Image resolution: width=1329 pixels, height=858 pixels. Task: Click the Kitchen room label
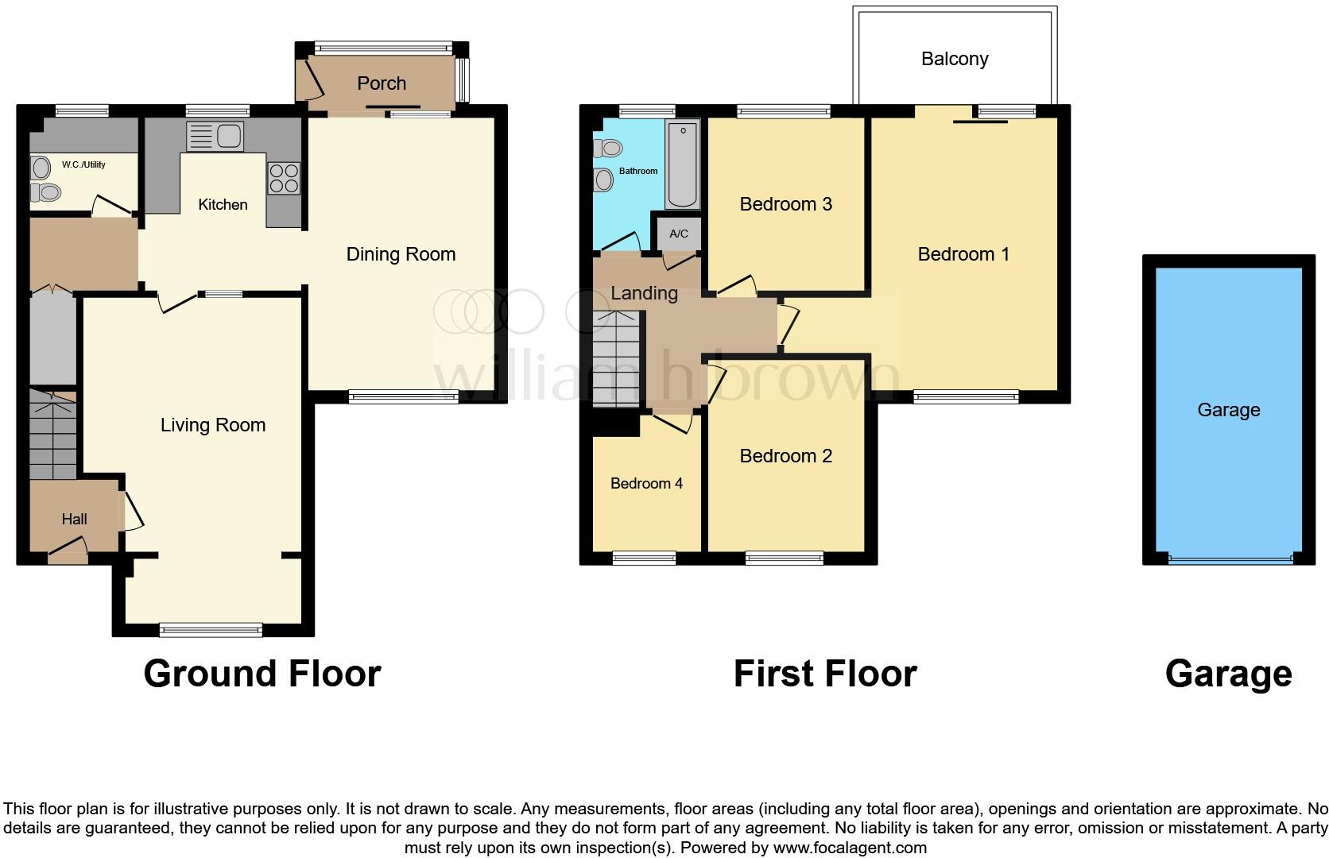coord(223,204)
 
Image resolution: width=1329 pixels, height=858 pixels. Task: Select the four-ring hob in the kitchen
coord(284,177)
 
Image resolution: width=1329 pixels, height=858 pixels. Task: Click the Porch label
coord(382,83)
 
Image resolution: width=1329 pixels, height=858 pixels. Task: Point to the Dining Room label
coord(401,254)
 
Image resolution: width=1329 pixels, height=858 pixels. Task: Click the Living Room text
coord(213,425)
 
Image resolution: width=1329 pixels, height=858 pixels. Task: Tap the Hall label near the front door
coord(75,519)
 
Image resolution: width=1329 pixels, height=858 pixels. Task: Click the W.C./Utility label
coord(83,164)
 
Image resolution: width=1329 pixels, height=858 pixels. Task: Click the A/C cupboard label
coord(679,234)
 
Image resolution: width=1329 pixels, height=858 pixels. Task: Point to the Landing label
coord(644,293)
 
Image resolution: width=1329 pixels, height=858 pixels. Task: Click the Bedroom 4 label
coord(646,483)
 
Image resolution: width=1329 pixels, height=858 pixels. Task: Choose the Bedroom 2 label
coord(785,456)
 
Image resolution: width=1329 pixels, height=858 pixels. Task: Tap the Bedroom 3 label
coord(785,204)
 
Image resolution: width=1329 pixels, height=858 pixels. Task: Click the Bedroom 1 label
coord(963,254)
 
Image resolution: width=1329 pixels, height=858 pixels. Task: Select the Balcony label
coord(955,59)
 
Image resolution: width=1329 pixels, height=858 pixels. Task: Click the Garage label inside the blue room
coord(1228,410)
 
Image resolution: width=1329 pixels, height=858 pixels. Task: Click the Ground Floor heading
coord(262,674)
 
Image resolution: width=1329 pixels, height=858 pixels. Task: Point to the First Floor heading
coord(825,674)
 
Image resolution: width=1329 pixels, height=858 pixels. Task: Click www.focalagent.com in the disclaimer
coord(849,848)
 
